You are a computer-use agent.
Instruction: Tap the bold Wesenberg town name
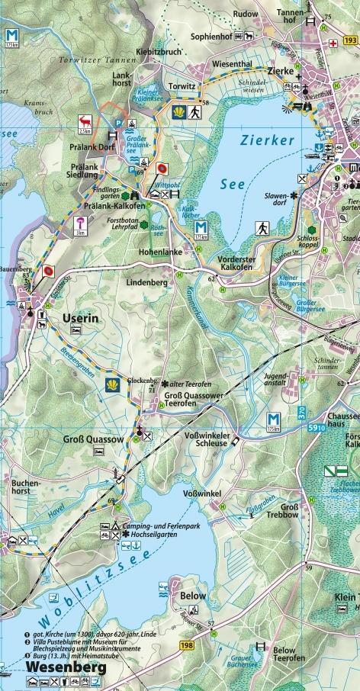coord(56,664)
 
